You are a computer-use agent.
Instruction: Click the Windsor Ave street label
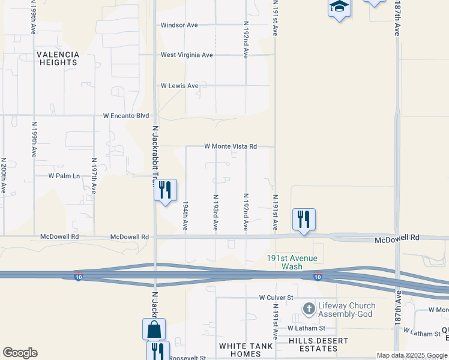tap(179, 25)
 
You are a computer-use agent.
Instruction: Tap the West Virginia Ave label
tap(187, 55)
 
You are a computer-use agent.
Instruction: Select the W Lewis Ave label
tap(179, 86)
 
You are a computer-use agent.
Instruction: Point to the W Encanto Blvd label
tap(125, 115)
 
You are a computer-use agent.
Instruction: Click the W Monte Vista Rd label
tap(231, 146)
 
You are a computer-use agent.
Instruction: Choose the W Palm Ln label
tap(64, 176)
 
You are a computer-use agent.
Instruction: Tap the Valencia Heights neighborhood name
tap(58, 58)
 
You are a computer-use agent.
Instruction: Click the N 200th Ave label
tap(4, 175)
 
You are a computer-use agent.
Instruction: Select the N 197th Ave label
tap(94, 176)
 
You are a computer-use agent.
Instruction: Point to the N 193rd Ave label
tap(215, 212)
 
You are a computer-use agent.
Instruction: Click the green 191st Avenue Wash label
tap(292, 262)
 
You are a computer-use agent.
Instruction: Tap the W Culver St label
tap(276, 298)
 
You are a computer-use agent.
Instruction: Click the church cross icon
tap(309, 310)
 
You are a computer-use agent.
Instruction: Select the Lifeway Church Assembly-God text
tap(345, 310)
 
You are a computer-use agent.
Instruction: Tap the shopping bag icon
tap(154, 329)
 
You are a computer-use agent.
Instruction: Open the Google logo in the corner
tap(20, 353)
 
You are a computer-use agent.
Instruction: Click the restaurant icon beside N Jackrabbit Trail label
tap(165, 190)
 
